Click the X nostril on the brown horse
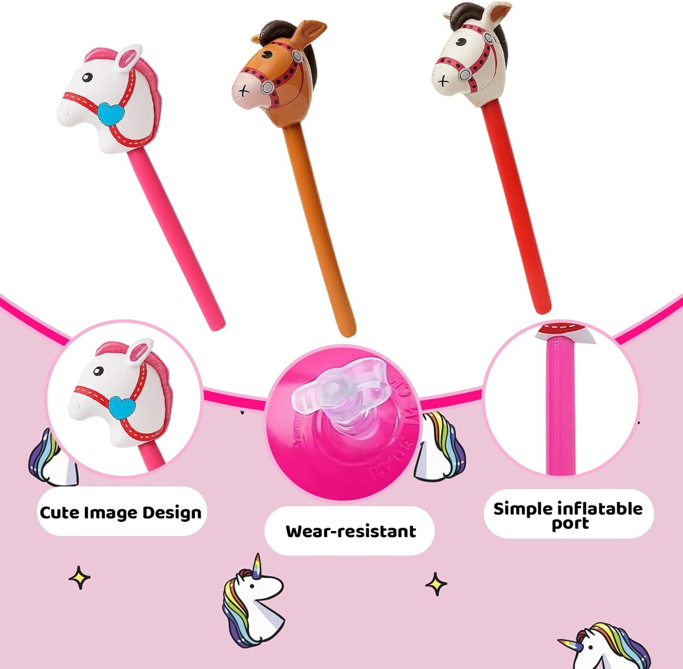244,91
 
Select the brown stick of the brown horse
319,228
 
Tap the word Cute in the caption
59,513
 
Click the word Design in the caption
172,513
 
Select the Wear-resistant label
350,531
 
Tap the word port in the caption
570,524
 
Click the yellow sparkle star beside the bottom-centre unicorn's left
80,578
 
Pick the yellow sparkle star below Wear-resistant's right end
436,584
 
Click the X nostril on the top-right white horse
443,82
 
